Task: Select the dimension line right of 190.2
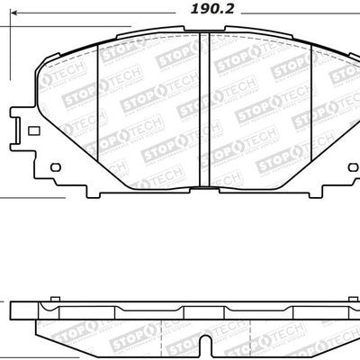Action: (297, 15)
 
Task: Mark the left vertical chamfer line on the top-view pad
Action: (96, 113)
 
